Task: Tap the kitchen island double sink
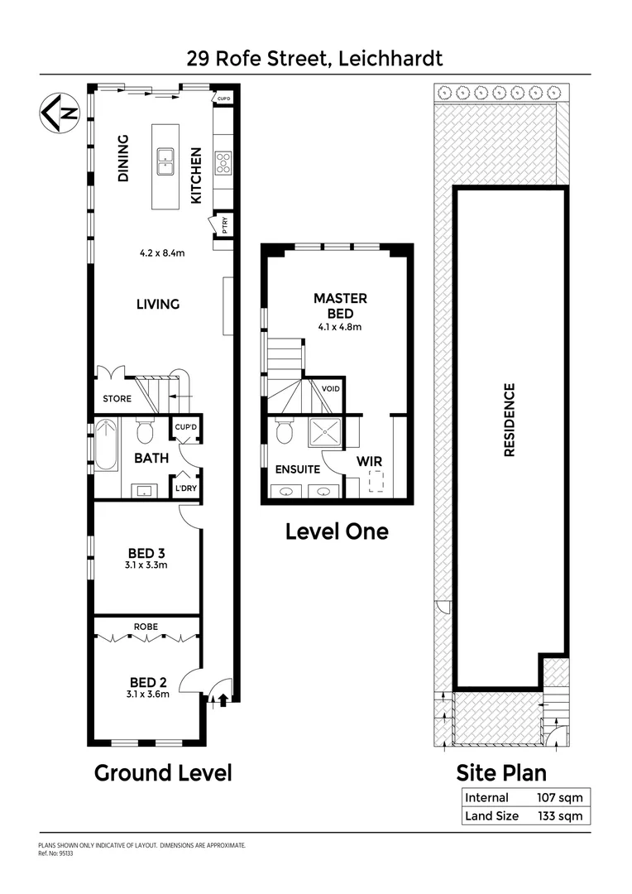pyautogui.click(x=166, y=159)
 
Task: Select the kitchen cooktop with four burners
pyautogui.click(x=223, y=161)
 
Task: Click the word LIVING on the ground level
pyautogui.click(x=157, y=304)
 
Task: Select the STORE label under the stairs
pyautogui.click(x=117, y=399)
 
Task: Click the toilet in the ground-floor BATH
pyautogui.click(x=145, y=431)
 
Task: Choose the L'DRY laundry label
pyautogui.click(x=184, y=489)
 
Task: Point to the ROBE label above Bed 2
pyautogui.click(x=146, y=627)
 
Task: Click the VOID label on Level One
pyautogui.click(x=330, y=388)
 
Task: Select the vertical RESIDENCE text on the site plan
pyautogui.click(x=510, y=419)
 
